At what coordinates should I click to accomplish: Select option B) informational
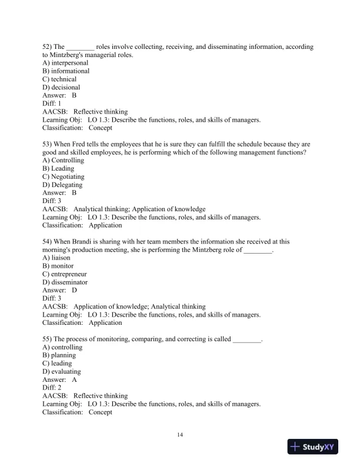tap(66, 71)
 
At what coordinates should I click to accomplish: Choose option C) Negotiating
tap(64, 177)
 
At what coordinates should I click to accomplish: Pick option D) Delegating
tap(62, 185)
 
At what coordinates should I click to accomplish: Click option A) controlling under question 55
tap(62, 347)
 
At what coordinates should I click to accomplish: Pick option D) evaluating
tap(62, 371)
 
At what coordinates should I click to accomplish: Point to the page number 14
tap(180, 434)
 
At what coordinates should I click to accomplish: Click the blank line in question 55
tap(247, 339)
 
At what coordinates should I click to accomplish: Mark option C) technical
tap(59, 79)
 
